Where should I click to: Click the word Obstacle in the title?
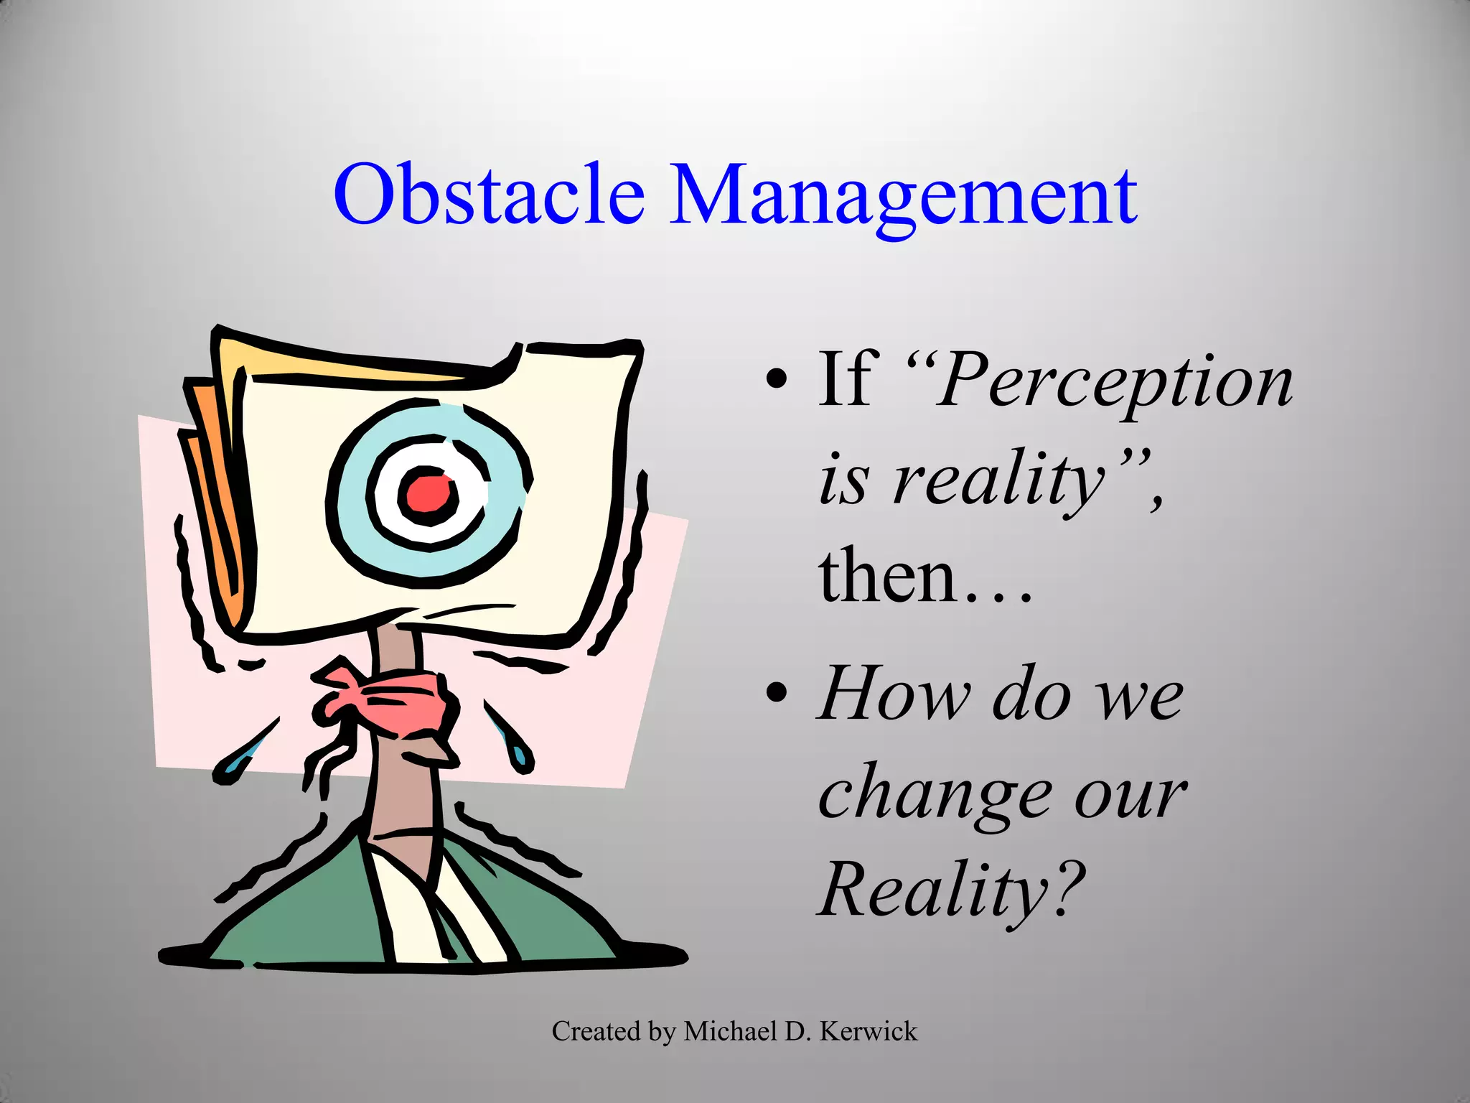click(x=488, y=194)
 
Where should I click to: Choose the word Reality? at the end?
click(x=950, y=890)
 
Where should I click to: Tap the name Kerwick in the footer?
click(x=868, y=1031)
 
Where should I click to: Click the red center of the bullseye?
click(x=429, y=494)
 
